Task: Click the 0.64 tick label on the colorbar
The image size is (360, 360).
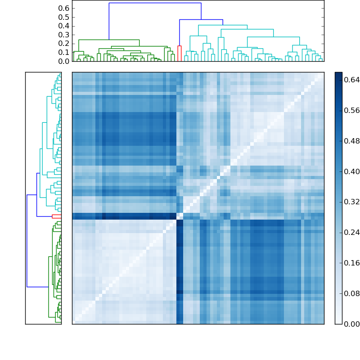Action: tap(352, 80)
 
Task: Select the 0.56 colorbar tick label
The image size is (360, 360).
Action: tap(352, 110)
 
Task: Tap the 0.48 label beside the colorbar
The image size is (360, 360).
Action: tap(352, 141)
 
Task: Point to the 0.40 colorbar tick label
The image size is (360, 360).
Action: tap(352, 171)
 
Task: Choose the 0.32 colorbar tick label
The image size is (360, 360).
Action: tap(352, 202)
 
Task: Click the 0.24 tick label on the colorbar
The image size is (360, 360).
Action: tap(352, 232)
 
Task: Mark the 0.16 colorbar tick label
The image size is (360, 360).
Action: tap(352, 263)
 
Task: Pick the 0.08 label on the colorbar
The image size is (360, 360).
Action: tap(352, 293)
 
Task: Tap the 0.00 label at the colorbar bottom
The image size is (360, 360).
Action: tap(352, 324)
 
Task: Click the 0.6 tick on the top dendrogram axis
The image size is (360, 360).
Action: tap(64, 9)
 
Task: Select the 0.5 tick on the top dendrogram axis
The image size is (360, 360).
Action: tap(64, 17)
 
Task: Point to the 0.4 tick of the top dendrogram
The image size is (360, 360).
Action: tap(64, 26)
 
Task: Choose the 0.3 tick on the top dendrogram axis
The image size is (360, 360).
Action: tap(64, 35)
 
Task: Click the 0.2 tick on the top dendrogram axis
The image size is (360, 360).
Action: tap(64, 44)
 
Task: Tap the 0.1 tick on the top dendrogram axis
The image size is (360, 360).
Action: tap(64, 52)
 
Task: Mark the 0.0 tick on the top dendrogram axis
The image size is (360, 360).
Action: tap(64, 61)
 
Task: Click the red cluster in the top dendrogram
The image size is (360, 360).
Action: tap(180, 46)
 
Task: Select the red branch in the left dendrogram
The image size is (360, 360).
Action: tap(56, 216)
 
